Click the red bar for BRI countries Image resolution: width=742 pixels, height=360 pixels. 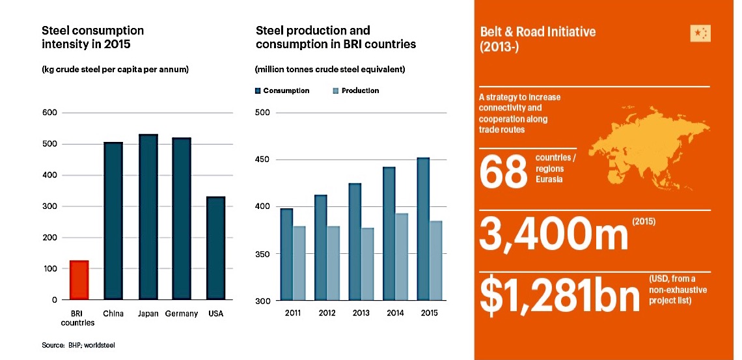tap(79, 280)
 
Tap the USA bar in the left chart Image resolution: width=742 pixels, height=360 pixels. tap(215, 248)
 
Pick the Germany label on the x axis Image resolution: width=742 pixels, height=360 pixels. tap(182, 314)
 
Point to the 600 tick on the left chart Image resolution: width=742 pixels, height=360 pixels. tap(50, 113)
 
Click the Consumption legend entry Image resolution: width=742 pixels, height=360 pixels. tap(283, 90)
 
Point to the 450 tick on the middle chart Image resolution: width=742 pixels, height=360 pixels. tap(262, 160)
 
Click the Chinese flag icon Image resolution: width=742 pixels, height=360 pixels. tap(700, 34)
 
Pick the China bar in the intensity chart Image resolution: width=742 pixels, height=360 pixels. tap(113, 221)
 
